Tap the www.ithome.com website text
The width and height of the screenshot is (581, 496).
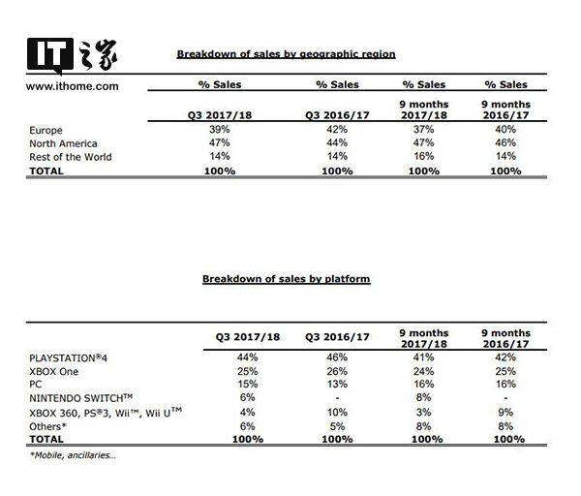coord(73,85)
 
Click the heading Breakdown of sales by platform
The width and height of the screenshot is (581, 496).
coord(286,279)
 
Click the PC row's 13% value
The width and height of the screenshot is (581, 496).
coord(337,385)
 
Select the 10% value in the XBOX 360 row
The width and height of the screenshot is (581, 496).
coord(337,412)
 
